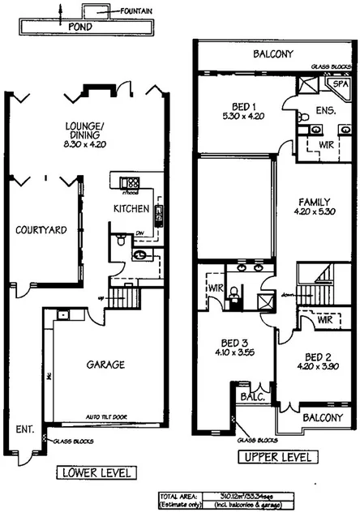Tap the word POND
pyautogui.click(x=79, y=26)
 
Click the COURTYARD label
pyautogui.click(x=41, y=230)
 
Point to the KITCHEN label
pyautogui.click(x=131, y=208)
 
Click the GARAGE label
pyautogui.click(x=106, y=365)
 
